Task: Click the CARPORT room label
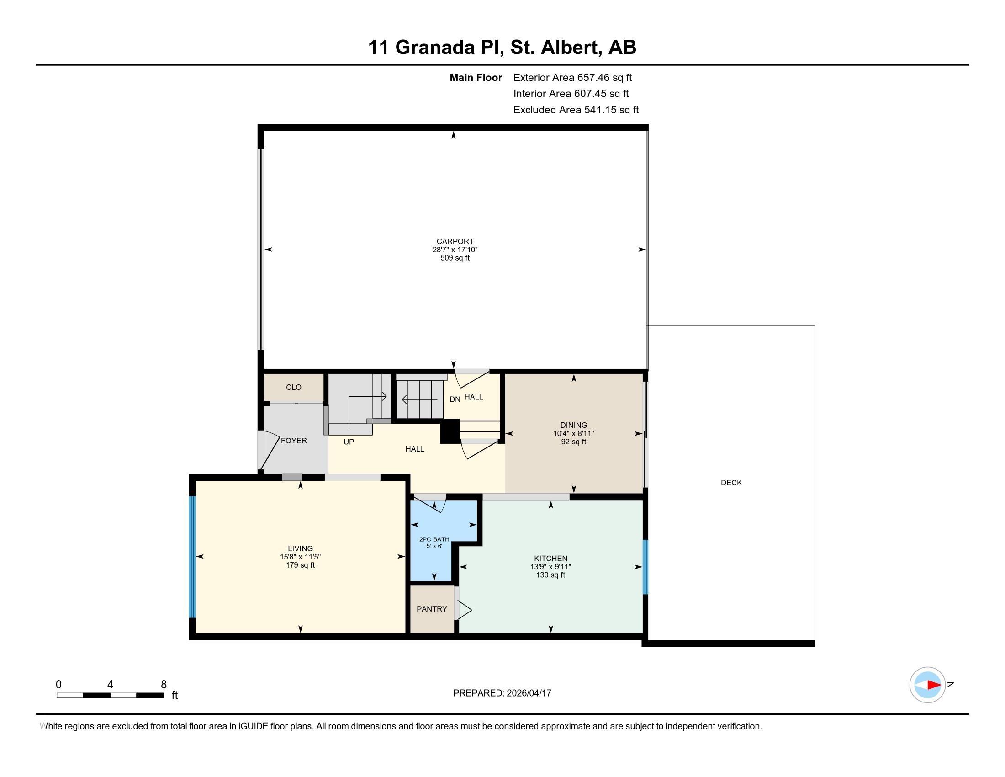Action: click(x=455, y=241)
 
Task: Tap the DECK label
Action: click(x=731, y=482)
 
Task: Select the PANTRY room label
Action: click(x=432, y=608)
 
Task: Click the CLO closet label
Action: click(x=294, y=387)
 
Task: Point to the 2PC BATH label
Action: click(x=434, y=539)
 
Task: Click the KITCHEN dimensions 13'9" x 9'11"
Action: click(x=550, y=567)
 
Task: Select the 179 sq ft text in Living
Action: click(x=300, y=565)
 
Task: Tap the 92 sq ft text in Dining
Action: click(x=573, y=442)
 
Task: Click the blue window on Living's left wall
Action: click(x=192, y=556)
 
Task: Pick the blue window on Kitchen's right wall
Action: click(x=645, y=567)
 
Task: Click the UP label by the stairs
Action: click(x=349, y=442)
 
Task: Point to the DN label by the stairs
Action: click(x=455, y=399)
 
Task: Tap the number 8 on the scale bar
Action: click(x=164, y=684)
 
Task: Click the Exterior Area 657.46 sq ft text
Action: click(x=572, y=77)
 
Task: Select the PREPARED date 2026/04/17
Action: click(x=529, y=693)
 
